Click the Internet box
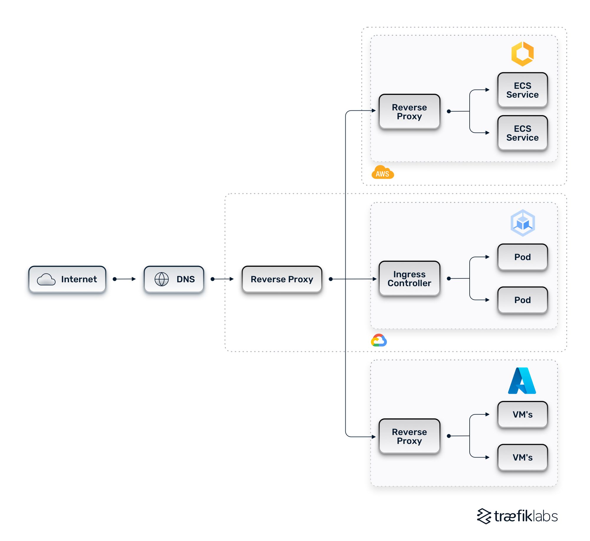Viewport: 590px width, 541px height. point(67,279)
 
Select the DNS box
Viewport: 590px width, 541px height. point(174,279)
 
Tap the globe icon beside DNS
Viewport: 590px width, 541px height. point(161,279)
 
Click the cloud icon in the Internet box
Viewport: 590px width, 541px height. point(46,279)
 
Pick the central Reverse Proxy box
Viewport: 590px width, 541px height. point(282,279)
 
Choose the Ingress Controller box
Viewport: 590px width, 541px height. point(409,278)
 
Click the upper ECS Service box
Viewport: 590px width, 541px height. point(522,90)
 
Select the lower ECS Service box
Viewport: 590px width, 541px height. point(522,133)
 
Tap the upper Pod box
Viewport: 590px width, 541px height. point(522,257)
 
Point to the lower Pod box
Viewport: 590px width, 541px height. point(522,300)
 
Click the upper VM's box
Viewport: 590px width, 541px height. point(522,414)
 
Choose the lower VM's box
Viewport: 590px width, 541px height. point(522,457)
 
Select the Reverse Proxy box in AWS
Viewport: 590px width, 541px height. point(409,111)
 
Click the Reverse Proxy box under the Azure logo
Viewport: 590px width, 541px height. point(409,436)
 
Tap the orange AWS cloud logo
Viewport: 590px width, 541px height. point(383,173)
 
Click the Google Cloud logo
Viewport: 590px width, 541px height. point(379,340)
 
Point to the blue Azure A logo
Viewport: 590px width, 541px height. point(522,381)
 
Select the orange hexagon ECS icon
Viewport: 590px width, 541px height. point(522,54)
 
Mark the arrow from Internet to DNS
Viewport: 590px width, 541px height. point(124,279)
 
